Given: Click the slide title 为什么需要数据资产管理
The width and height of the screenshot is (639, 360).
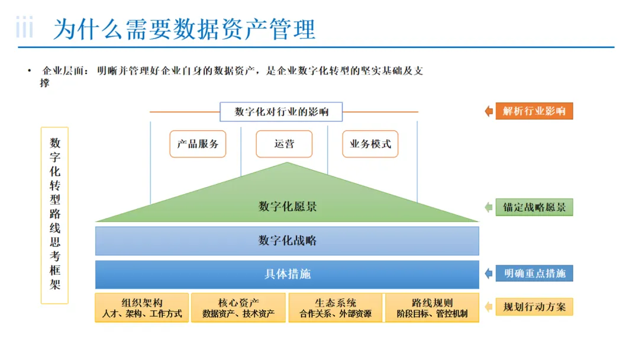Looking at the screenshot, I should point(184,29).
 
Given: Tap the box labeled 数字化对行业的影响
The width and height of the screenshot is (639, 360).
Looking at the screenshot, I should point(281,111).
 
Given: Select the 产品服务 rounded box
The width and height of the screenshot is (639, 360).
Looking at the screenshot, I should point(198,144).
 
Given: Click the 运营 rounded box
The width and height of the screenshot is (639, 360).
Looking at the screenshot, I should point(284,144).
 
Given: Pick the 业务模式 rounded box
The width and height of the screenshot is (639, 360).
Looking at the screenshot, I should point(370,144).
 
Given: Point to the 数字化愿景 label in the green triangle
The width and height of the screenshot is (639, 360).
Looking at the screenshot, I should point(288,207).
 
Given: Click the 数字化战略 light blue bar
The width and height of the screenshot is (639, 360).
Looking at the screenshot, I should point(287,240).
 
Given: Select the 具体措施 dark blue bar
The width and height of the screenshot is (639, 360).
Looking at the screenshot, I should point(287,274).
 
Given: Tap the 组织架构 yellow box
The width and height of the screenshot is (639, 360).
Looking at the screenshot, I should point(142,308).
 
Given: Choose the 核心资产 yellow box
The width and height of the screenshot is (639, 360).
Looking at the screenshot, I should point(238,308).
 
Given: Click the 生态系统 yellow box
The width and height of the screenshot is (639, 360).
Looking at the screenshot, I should point(335,308).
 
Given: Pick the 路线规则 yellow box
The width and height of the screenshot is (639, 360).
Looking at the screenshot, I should point(432,308).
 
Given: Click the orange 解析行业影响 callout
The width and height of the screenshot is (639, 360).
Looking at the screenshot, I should point(534,111).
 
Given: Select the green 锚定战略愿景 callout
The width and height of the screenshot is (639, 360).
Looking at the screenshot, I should point(534,207).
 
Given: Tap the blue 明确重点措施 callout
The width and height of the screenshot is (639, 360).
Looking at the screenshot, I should point(534,274).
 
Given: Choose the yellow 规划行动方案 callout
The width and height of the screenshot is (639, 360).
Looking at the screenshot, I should point(534,307).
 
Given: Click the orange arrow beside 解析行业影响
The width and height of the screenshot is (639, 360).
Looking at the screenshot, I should point(489,111).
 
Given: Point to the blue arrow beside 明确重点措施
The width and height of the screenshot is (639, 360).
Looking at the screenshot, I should point(489,274).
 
